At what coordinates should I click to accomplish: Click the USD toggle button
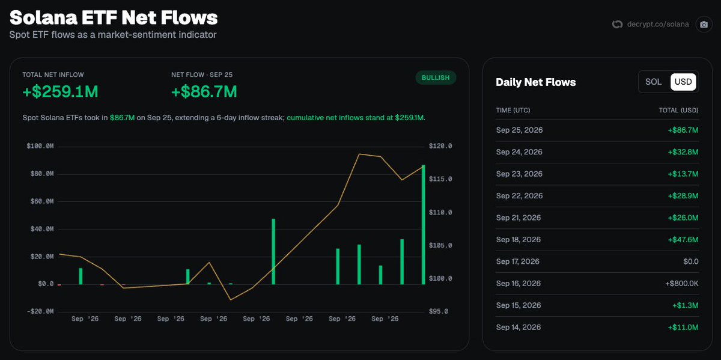[x=683, y=82]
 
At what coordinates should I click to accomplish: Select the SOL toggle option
[x=654, y=82]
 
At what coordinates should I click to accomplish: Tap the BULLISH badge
[x=436, y=78]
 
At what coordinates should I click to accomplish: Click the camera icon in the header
[x=704, y=25]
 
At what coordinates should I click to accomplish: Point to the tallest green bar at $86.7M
[x=423, y=225]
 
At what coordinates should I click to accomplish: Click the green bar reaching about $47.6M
[x=273, y=252]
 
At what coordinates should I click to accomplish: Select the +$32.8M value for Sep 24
[x=683, y=152]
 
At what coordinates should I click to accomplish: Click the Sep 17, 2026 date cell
[x=517, y=261]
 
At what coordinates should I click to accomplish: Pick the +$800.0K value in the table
[x=681, y=283]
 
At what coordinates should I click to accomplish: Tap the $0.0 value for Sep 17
[x=691, y=261]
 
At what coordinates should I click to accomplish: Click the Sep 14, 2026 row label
[x=518, y=327]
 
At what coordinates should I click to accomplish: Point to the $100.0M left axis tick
[x=40, y=146]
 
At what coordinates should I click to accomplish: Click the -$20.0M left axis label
[x=40, y=312]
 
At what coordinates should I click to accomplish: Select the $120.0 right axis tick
[x=440, y=146]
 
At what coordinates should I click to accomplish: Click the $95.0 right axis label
[x=439, y=312]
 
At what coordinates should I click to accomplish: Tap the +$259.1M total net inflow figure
[x=60, y=91]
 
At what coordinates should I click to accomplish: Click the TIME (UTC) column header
[x=513, y=110]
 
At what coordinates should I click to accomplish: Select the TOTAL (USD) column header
[x=678, y=110]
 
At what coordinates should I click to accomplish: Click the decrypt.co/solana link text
[x=658, y=25]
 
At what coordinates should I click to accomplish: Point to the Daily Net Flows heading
[x=535, y=82]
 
